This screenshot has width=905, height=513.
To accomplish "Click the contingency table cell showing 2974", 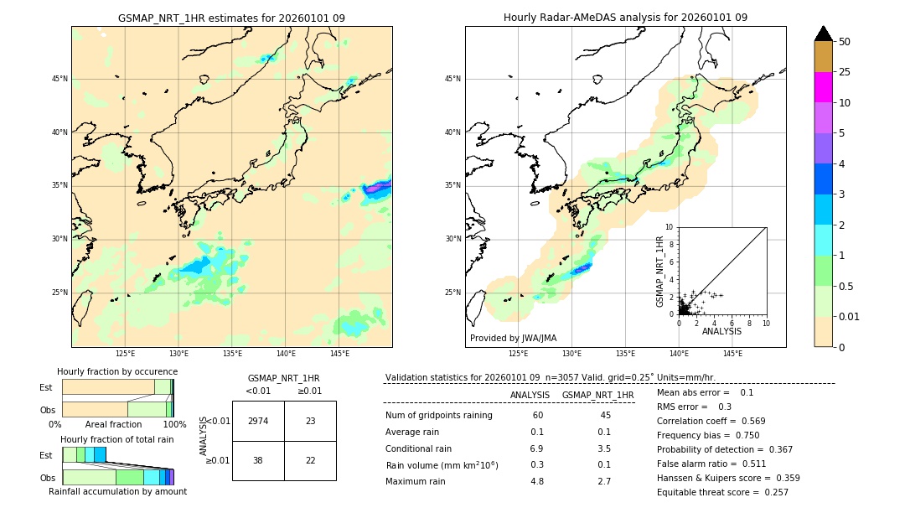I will [x=258, y=421].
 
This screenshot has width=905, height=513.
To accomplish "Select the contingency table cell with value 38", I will [x=258, y=460].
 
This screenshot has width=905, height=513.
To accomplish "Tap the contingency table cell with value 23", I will [x=310, y=421].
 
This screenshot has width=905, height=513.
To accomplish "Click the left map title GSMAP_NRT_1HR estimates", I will [x=231, y=18].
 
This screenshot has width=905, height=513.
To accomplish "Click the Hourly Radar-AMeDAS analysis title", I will [x=625, y=18].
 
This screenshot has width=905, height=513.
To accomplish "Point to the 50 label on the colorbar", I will [x=845, y=42].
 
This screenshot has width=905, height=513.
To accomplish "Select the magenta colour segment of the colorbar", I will [x=823, y=87].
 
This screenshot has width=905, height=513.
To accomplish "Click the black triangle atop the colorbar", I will [x=823, y=34].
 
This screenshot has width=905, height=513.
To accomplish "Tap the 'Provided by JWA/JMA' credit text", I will [x=513, y=338].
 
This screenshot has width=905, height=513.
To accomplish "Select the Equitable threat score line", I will [x=722, y=492].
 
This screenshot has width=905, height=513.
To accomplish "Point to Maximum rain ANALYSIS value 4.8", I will [x=537, y=481].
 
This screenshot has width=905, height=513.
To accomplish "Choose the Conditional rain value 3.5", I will [x=603, y=448].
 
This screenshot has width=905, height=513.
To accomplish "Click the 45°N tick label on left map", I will [x=59, y=79].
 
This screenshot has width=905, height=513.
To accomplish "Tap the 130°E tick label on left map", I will [x=178, y=354].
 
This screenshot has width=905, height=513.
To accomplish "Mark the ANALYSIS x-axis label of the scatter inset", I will [x=721, y=331].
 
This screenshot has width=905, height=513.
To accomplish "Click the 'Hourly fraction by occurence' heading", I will [x=117, y=371].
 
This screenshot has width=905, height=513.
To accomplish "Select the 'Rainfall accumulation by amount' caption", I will [x=117, y=491].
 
